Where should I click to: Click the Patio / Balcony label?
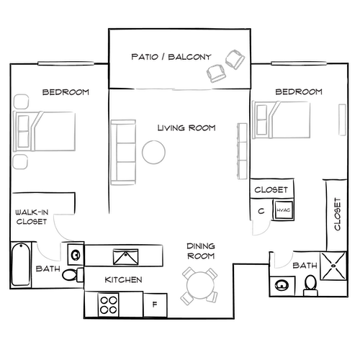point(171,57)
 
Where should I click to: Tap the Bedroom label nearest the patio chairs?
point(298,92)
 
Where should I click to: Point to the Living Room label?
point(187,128)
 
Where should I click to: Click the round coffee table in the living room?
point(153,153)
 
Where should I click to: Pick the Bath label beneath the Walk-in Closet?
point(48,269)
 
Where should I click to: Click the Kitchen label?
point(124,279)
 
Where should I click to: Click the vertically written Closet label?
point(337,214)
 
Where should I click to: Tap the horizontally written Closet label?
point(271,190)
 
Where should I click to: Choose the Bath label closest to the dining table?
point(305,266)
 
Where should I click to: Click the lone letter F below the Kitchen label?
point(153,304)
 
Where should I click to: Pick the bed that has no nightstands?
point(283,118)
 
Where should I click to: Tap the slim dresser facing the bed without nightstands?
point(242,151)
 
